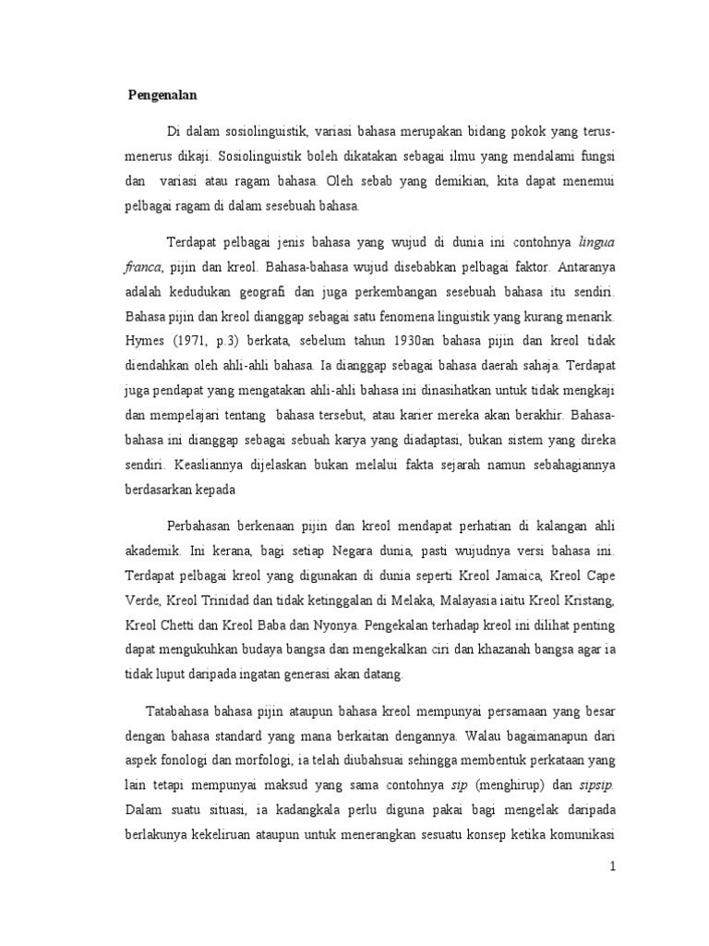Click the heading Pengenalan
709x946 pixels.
point(164,94)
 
